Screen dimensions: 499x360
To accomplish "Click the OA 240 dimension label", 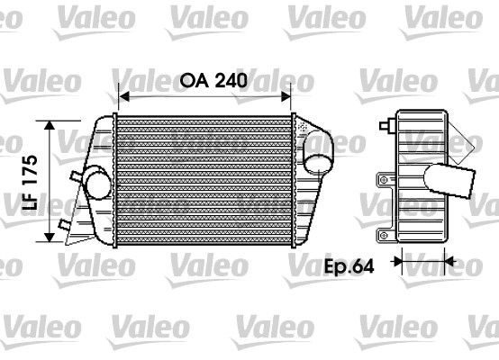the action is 213,80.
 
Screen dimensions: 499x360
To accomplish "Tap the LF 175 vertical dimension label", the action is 32,183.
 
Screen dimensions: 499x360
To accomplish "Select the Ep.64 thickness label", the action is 349,266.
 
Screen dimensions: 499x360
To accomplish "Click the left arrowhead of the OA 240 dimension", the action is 123,96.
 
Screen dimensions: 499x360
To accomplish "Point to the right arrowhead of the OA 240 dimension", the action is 286,96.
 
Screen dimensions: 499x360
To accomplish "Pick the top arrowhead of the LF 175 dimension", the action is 50,125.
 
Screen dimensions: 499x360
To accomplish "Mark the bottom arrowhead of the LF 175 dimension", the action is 50,238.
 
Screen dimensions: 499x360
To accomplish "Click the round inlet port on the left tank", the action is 99,185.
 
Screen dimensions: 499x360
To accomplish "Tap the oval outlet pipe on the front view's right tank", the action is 317,152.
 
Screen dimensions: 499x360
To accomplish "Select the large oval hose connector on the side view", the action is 449,181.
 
